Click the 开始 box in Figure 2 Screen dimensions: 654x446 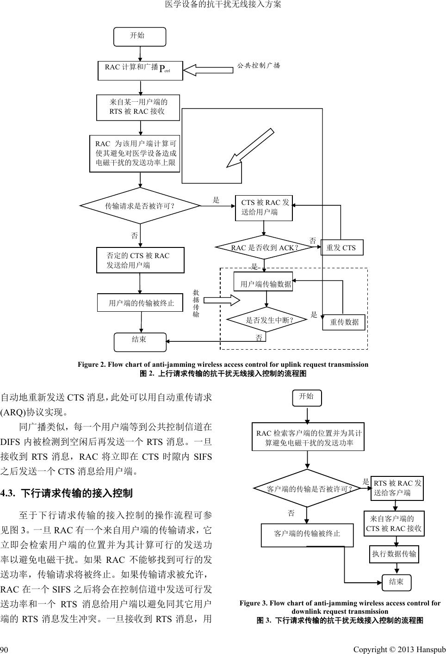point(140,37)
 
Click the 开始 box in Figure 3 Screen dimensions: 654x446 point(307,397)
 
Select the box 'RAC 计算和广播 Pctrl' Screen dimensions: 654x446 point(140,70)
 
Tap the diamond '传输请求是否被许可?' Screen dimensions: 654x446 point(140,206)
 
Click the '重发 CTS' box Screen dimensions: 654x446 point(341,247)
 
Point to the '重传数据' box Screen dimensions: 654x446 point(344,322)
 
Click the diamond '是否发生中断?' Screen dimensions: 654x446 point(267,320)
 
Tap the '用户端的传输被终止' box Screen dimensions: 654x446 point(141,303)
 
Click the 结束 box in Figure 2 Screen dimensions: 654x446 point(140,341)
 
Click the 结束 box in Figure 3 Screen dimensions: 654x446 point(396,582)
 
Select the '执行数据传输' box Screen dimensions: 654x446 point(394,554)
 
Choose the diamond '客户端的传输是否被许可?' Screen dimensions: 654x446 point(307,488)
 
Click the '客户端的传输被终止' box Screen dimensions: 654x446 point(307,534)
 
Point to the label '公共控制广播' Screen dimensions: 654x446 point(259,65)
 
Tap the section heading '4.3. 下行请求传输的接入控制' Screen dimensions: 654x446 point(67,493)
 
